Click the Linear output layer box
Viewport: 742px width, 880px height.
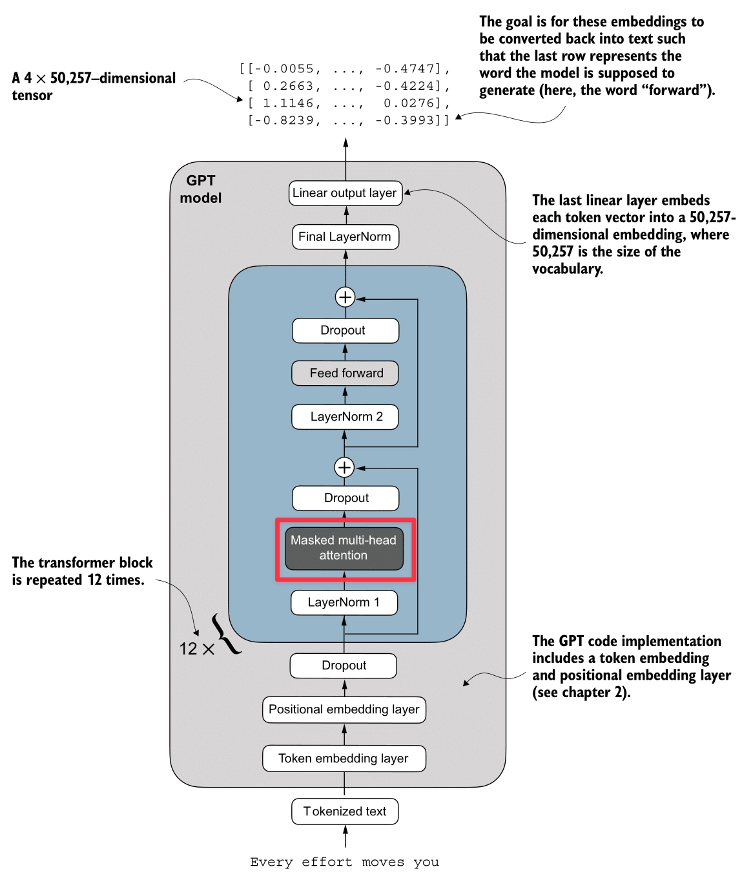click(345, 193)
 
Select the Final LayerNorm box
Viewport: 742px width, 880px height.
click(345, 236)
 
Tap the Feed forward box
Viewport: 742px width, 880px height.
click(345, 373)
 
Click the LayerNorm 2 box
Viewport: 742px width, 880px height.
click(345, 417)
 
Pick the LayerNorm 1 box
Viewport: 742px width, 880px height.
click(344, 602)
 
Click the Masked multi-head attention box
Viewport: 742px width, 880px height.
click(344, 548)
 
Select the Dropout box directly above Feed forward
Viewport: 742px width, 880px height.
click(345, 330)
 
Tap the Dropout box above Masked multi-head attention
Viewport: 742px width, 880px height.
click(345, 498)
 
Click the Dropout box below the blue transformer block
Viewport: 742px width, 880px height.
click(344, 665)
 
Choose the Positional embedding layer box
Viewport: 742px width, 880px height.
click(344, 709)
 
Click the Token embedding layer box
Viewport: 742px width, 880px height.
click(344, 759)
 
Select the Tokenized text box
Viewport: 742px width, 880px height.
click(345, 812)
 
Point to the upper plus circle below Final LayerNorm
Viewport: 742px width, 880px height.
click(345, 297)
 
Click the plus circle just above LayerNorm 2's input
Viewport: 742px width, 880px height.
click(344, 467)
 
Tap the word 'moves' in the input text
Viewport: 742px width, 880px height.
click(383, 862)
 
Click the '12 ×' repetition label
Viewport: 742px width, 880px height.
click(196, 649)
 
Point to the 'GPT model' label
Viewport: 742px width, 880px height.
click(200, 189)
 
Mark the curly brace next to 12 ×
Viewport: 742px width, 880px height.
click(226, 634)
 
